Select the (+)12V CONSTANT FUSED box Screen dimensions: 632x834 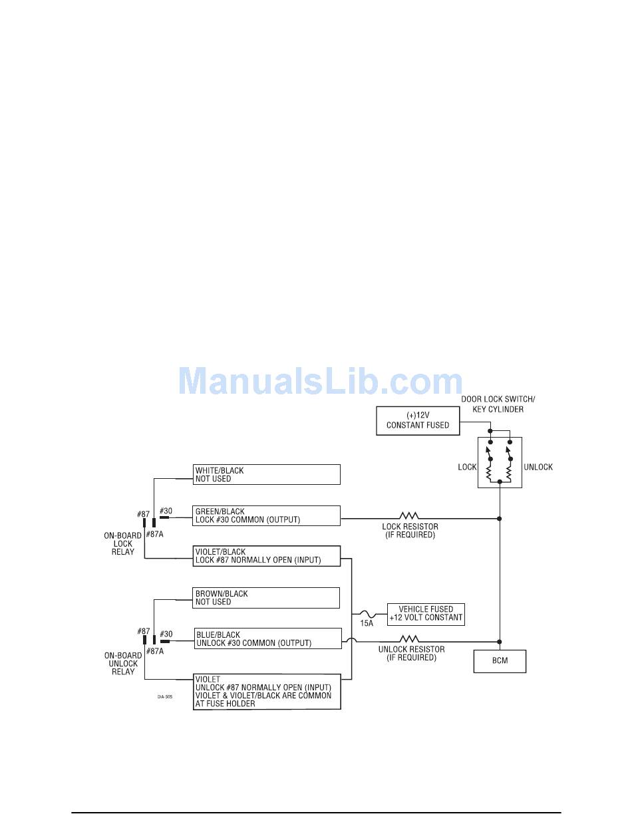418,420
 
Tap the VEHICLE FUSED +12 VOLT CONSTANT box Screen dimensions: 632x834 426,615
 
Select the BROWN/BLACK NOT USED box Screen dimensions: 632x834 266,598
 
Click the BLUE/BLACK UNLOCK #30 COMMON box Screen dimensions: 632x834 268,638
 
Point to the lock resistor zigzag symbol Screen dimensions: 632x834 409,515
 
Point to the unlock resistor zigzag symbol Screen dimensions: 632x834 409,638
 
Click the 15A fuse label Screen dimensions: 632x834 367,624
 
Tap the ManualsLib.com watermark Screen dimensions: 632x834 321,381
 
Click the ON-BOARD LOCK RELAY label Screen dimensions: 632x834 123,544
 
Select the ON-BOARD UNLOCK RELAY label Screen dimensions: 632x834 123,664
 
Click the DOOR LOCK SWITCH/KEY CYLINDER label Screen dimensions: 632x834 498,404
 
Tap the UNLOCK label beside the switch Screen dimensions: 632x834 538,468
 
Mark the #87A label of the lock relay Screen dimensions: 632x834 155,534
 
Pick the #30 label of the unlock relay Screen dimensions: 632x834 166,634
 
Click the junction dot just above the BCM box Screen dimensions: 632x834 500,642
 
